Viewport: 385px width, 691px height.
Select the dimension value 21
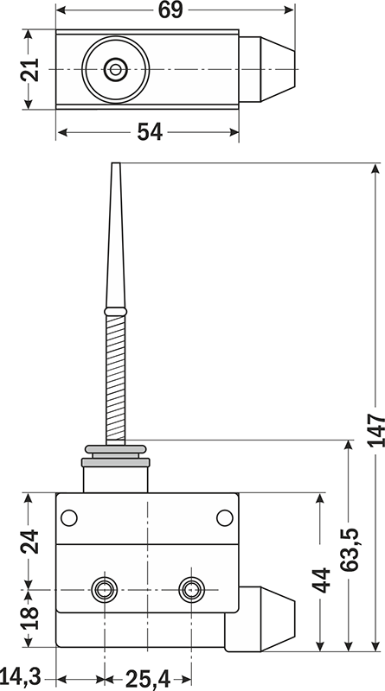30,69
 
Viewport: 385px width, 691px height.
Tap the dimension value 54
149,132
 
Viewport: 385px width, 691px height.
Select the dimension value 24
30,541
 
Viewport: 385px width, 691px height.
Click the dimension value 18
30,618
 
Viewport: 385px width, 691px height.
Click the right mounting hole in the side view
190,591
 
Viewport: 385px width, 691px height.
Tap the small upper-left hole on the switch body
68,517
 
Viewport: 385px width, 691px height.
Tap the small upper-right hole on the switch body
224,517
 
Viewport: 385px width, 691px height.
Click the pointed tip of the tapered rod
114,167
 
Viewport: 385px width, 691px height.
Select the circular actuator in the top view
114,68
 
